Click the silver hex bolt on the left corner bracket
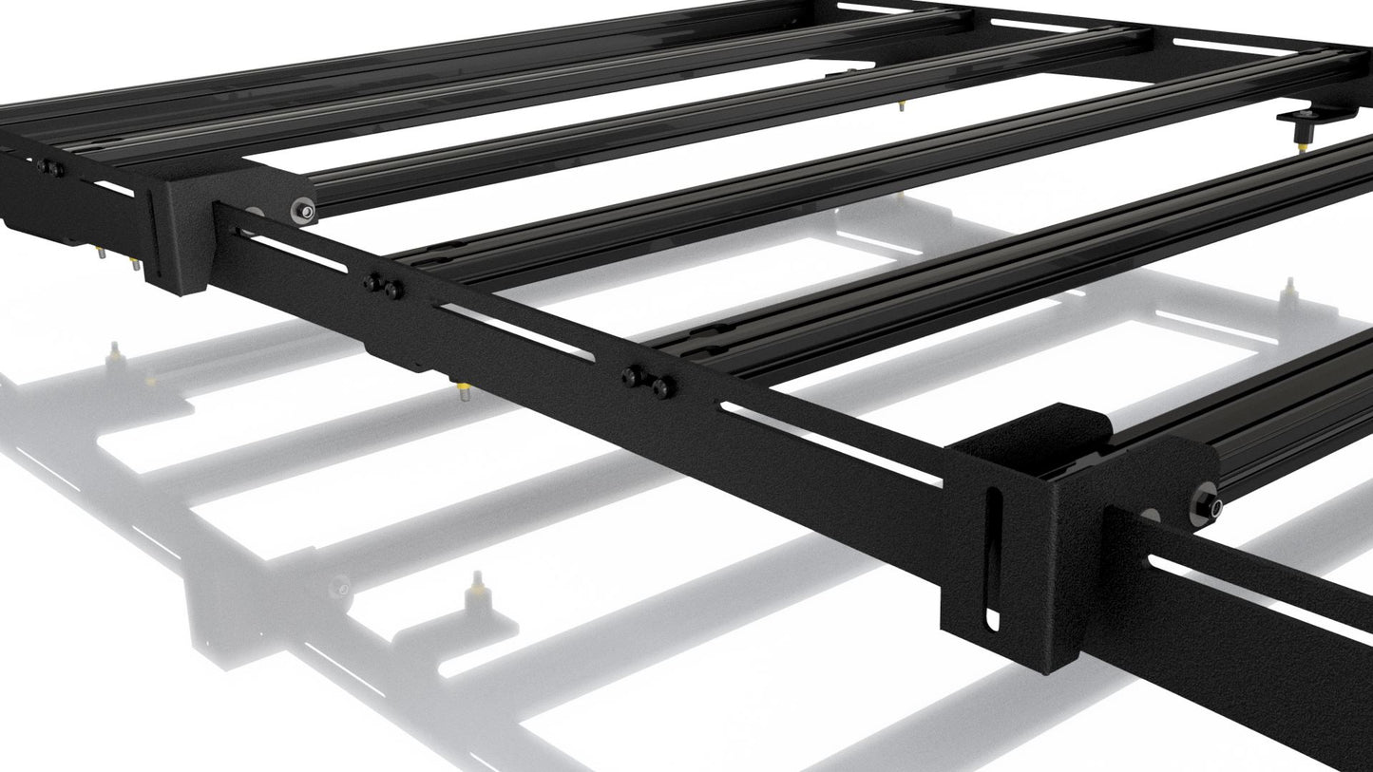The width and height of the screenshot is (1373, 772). (303, 210)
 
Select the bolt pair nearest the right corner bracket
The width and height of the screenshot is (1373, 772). (649, 382)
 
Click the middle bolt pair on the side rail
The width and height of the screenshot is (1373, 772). (383, 285)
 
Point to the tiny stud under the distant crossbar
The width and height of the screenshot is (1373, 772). (901, 104)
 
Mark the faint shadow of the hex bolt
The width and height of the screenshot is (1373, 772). (340, 589)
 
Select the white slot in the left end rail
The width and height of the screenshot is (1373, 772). (114, 189)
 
